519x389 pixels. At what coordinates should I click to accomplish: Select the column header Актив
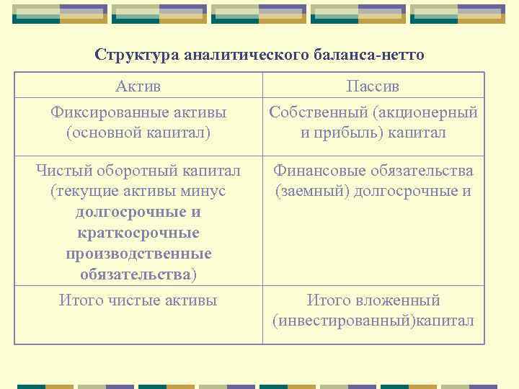click(x=138, y=86)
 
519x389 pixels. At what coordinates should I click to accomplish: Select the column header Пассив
click(x=373, y=86)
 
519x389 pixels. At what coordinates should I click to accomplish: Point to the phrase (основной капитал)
click(x=138, y=133)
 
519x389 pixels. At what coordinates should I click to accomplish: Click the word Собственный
click(x=319, y=112)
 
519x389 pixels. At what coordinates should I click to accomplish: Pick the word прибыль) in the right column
click(x=352, y=133)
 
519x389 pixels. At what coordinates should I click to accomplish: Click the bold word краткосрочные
click(x=138, y=233)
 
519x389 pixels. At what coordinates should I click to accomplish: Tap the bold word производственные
click(x=138, y=254)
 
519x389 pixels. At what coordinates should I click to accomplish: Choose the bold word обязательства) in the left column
click(x=138, y=274)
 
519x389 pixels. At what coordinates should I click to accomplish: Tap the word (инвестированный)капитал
click(x=373, y=321)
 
